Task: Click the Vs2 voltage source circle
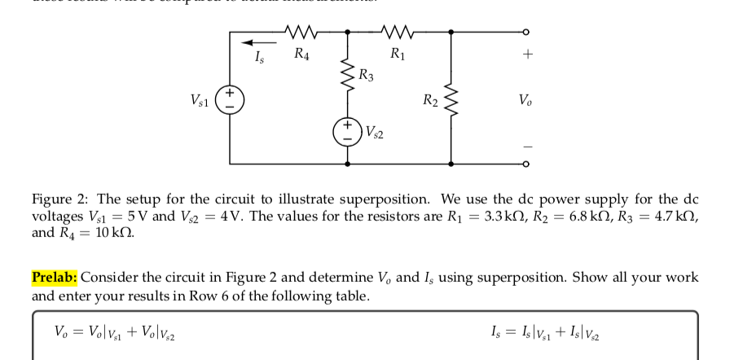tap(348, 130)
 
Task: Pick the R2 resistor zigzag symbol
tap(453, 100)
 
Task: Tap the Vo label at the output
tap(526, 100)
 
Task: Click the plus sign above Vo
tap(527, 55)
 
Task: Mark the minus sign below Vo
tap(527, 147)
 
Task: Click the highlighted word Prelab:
tap(55, 277)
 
